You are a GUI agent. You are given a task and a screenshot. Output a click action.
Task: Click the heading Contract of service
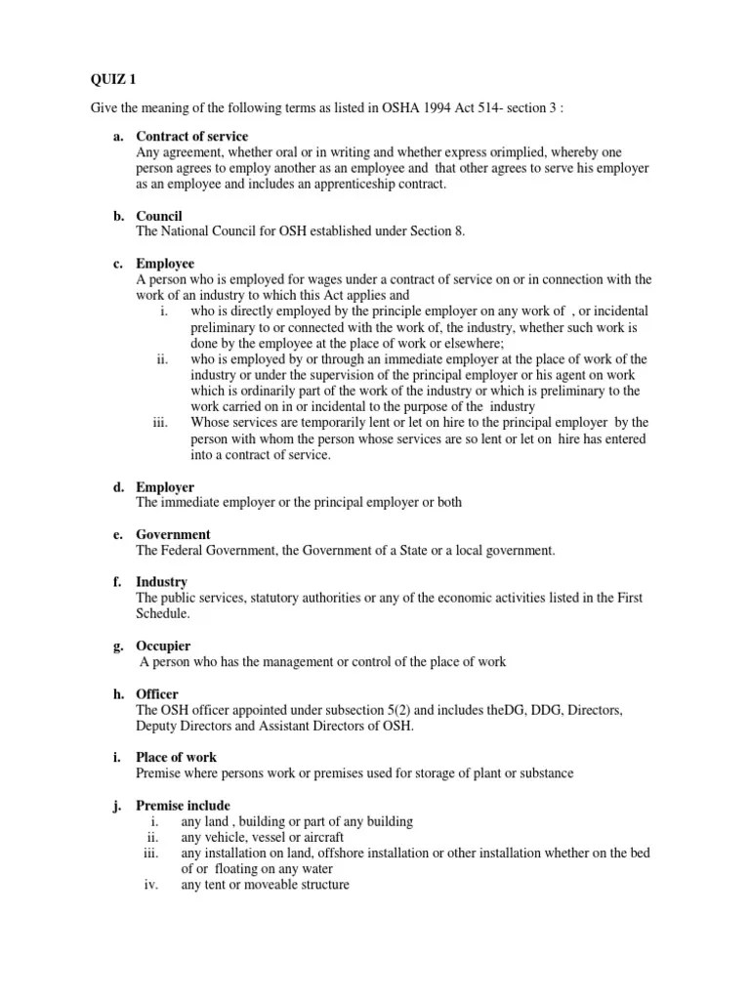tap(191, 137)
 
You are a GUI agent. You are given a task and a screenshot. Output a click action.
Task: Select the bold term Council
tap(159, 216)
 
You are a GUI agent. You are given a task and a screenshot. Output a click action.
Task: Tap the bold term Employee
tap(165, 264)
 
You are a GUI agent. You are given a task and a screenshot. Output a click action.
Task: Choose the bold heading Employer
tap(165, 487)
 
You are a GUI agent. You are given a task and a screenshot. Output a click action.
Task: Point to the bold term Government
tap(173, 535)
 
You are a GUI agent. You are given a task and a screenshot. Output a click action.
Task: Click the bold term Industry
tap(162, 582)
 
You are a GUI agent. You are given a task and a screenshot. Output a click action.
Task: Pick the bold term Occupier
tap(163, 646)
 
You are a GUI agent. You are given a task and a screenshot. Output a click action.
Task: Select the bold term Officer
tap(159, 694)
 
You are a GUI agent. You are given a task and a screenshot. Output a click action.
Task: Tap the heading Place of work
tap(176, 758)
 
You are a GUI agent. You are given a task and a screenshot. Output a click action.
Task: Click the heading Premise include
tap(183, 806)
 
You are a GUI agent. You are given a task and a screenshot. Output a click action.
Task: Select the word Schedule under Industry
tap(162, 614)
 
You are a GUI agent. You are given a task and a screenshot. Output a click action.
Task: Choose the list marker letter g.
tap(117, 646)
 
